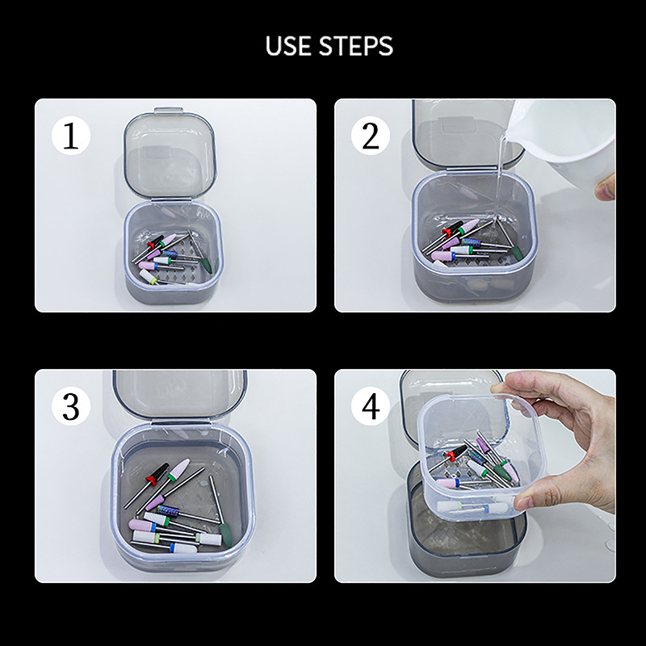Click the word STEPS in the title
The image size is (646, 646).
[356, 46]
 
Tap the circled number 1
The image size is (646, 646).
[71, 136]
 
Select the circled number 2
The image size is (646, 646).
[371, 136]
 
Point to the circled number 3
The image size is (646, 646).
[71, 406]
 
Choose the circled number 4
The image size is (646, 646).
[371, 406]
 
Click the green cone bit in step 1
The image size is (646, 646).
[206, 266]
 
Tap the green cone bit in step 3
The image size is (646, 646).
[226, 535]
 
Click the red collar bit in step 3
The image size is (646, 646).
[151, 480]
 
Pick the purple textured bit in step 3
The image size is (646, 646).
[168, 511]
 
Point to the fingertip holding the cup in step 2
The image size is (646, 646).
[605, 187]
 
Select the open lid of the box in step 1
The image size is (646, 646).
[170, 156]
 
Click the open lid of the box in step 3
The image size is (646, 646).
[180, 394]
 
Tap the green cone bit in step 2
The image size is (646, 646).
[517, 253]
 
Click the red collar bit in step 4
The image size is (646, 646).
[451, 455]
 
